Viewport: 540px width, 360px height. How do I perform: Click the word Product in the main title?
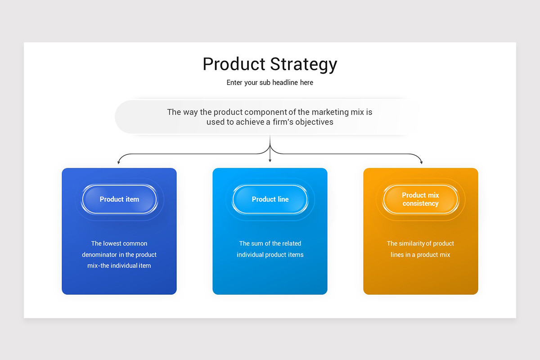[233, 64]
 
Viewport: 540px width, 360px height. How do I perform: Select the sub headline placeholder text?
[270, 83]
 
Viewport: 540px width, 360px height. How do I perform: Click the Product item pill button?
[119, 199]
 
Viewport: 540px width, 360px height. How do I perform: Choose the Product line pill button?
[270, 199]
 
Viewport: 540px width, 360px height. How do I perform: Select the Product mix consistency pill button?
[420, 199]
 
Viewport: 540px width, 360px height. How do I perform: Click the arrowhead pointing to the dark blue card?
[119, 162]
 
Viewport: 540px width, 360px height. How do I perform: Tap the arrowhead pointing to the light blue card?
[270, 160]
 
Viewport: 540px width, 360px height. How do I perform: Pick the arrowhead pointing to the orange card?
[421, 162]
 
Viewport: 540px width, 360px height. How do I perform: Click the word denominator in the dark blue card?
[102, 255]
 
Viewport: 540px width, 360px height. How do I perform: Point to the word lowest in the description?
[112, 243]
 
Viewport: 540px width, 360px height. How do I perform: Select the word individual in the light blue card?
[252, 255]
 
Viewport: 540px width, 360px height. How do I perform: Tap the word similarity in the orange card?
[413, 243]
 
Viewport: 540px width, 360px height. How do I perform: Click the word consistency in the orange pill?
[420, 204]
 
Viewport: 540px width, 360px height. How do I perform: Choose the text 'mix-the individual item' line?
[119, 266]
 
